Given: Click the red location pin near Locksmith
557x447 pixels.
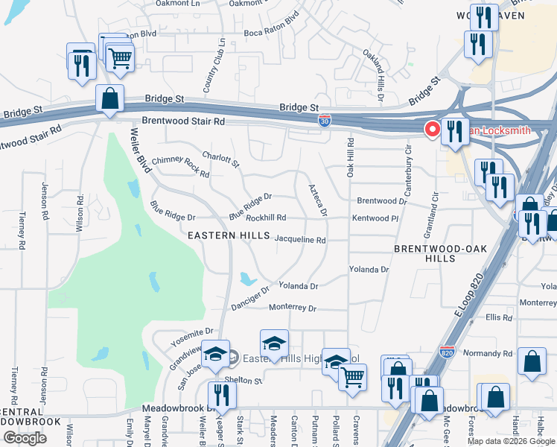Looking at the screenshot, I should point(432,130).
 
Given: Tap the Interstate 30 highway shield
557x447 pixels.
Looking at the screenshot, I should point(325,119).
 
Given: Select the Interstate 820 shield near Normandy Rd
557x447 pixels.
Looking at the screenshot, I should point(447,351).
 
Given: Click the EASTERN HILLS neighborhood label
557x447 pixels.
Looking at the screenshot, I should point(229,235).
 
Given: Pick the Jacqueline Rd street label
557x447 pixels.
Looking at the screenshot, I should point(300,241).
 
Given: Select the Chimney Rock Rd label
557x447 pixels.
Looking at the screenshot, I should point(180,166).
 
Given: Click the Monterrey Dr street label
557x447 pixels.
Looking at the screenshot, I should point(293,308).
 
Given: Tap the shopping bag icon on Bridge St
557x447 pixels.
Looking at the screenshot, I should point(110,99).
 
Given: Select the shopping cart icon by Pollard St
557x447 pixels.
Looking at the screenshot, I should point(353,376).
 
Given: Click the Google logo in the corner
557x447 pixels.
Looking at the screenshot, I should point(25,438).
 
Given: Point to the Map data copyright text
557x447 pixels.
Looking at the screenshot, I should point(510,441).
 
